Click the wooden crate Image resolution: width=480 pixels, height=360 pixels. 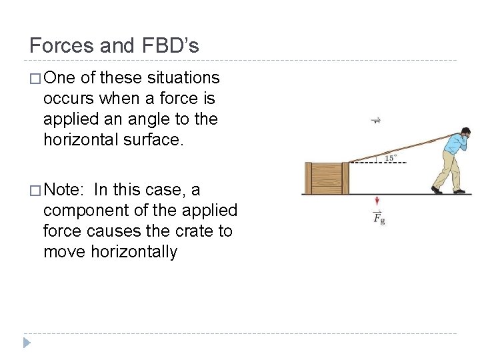[326, 178]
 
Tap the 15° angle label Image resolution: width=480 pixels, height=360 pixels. [391, 158]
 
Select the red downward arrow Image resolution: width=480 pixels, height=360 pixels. [377, 202]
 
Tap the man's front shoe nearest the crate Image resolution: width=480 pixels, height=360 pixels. [436, 190]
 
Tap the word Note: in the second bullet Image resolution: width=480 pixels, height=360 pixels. [63, 190]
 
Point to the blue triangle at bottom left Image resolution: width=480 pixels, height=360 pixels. [26, 343]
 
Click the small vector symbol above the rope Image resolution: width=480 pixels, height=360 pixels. [376, 121]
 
